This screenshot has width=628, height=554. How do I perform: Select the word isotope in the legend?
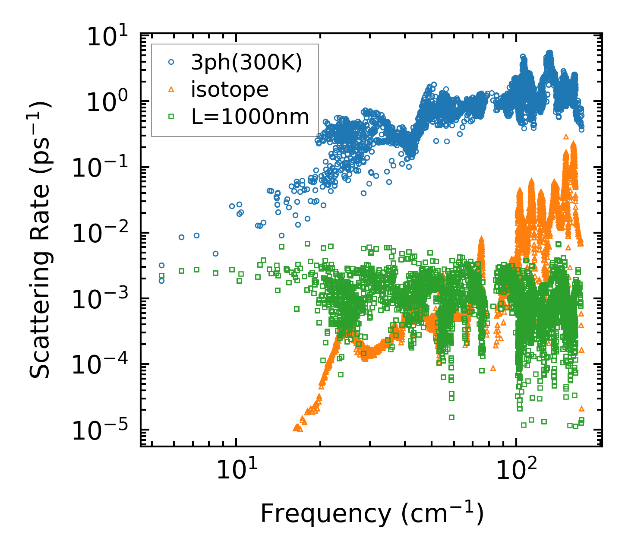[230, 90]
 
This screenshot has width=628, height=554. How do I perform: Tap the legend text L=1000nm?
[250, 117]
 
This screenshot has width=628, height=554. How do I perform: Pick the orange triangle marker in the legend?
[171, 90]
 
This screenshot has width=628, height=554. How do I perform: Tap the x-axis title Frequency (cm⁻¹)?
[371, 513]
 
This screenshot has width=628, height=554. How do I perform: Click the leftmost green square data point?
[161, 275]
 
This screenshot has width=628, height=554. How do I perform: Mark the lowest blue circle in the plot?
[161, 281]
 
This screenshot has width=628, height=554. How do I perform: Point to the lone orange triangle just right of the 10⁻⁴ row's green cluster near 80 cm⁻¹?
[493, 368]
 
